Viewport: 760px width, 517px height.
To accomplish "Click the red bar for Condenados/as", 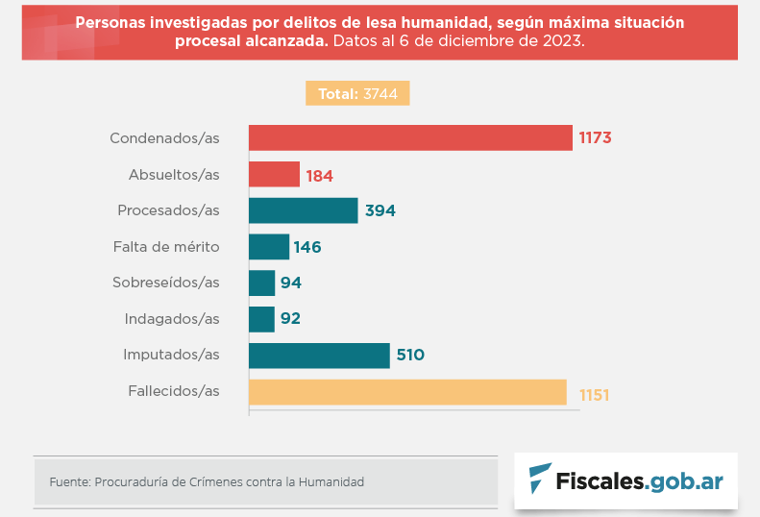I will (x=410, y=137).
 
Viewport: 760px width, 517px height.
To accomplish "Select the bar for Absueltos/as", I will (x=274, y=174).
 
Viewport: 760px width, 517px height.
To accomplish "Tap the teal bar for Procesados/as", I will (x=303, y=210).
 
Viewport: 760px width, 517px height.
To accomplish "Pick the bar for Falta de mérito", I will (x=268, y=247).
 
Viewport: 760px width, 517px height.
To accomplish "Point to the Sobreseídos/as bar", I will (x=261, y=283).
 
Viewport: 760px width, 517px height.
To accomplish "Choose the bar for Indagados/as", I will (x=261, y=319).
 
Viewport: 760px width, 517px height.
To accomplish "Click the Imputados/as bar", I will (x=319, y=356).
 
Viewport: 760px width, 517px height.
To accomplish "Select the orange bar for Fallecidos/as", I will (x=407, y=392).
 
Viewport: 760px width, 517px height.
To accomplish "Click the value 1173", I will (x=595, y=137).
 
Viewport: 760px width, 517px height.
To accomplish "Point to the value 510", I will (x=410, y=356).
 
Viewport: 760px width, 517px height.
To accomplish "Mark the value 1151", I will (x=595, y=394).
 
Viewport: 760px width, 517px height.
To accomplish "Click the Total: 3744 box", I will (x=358, y=94).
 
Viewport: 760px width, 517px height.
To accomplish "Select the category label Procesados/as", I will (x=168, y=210).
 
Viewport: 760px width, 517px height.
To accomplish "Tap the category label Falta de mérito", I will (x=166, y=247).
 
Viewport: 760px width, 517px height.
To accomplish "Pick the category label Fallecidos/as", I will (x=174, y=391).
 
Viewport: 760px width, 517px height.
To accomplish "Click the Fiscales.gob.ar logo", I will (x=625, y=480).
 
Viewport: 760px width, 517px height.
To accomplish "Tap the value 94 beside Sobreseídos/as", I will (x=291, y=283).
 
